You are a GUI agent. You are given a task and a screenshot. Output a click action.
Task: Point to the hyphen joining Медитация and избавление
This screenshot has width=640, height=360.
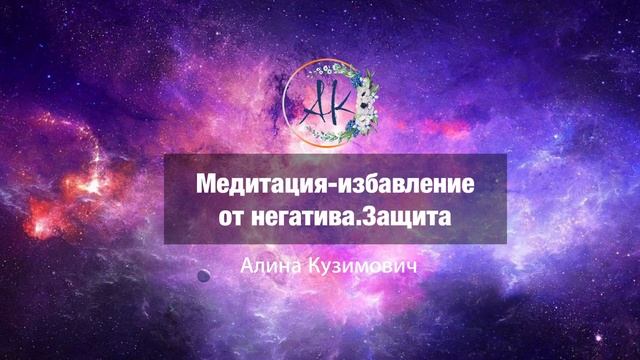(x=319, y=188)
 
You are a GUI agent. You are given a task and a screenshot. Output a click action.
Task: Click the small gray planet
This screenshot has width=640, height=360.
(x=203, y=275)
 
